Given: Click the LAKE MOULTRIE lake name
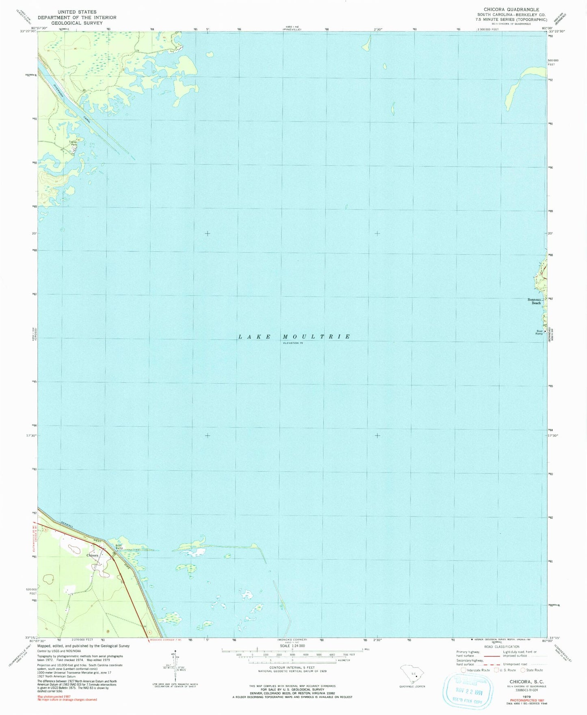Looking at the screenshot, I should (294, 337).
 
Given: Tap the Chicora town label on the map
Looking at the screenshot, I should (92, 555).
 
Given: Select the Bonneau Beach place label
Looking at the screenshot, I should (534, 301).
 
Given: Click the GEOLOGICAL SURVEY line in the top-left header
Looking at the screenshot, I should (77, 23).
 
